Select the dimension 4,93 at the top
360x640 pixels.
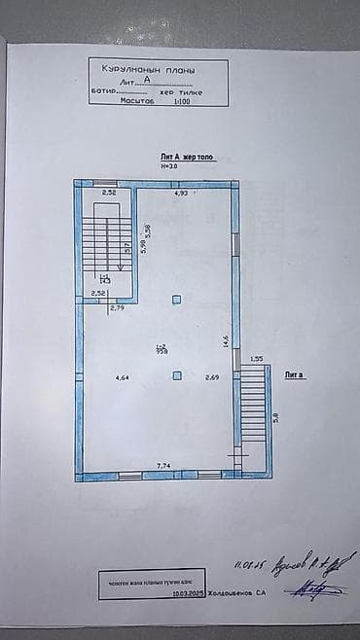click(181, 195)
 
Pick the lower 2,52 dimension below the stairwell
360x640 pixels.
click(97, 292)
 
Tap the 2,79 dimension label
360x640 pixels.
click(118, 308)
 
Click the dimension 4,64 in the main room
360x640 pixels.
click(122, 377)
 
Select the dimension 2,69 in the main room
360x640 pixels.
click(211, 377)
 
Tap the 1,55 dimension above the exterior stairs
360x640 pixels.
click(257, 359)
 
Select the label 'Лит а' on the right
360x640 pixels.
click(294, 373)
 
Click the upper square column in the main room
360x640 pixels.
click(176, 300)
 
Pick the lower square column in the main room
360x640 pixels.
click(176, 375)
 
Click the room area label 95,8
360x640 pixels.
click(162, 348)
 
